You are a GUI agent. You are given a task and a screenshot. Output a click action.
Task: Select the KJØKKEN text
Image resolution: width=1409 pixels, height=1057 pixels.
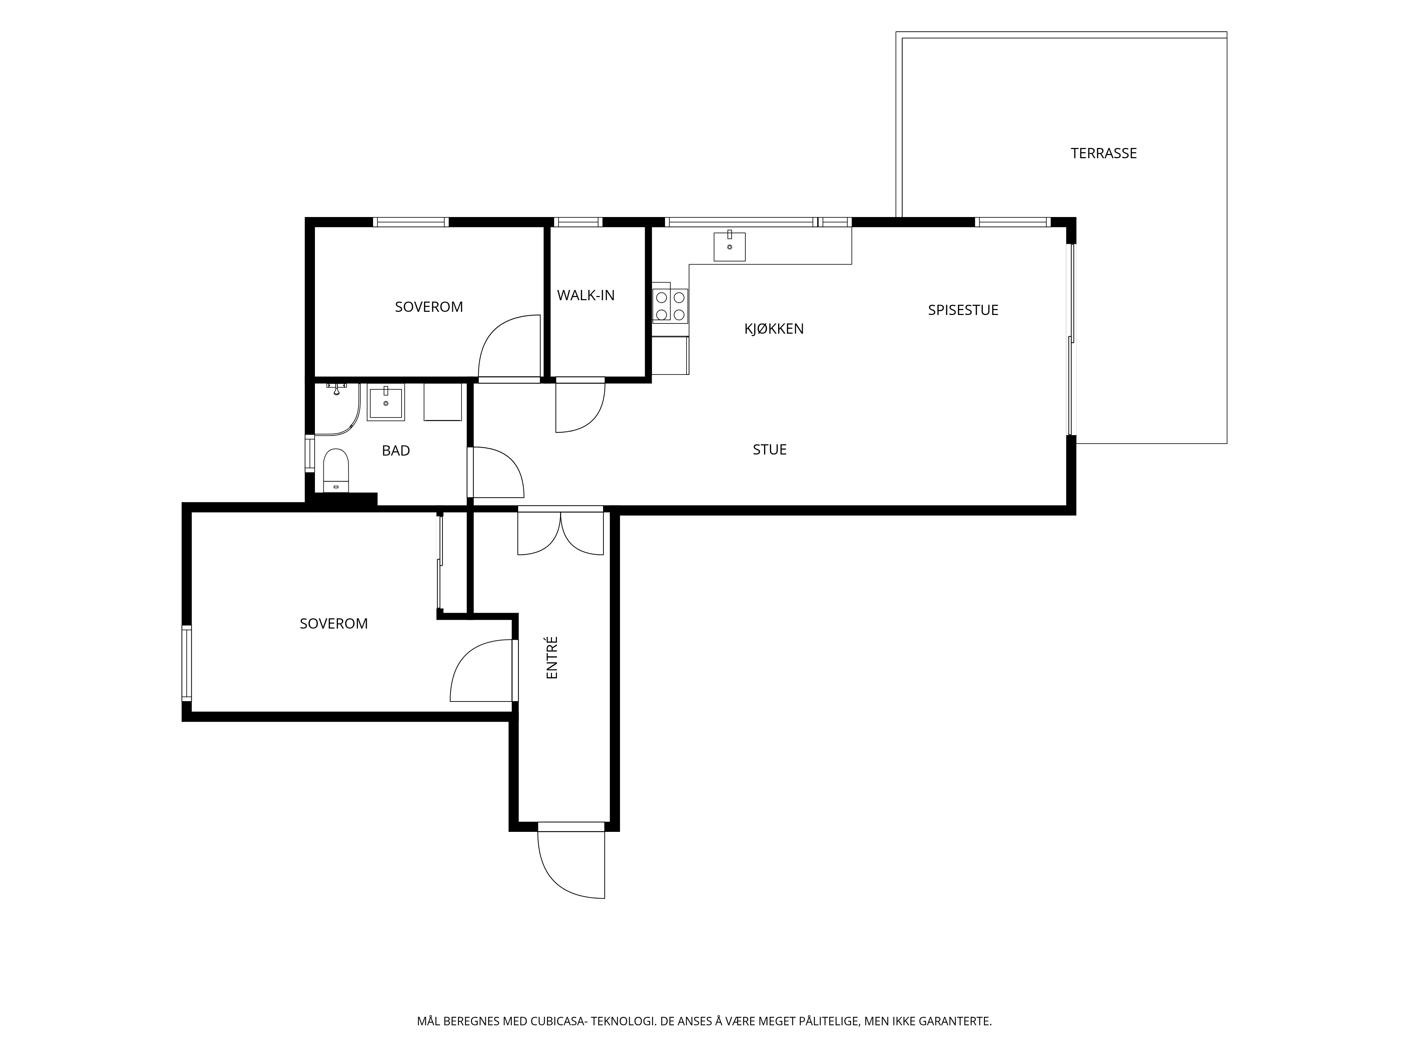tap(774, 329)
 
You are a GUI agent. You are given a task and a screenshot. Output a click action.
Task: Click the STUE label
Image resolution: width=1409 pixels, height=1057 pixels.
tap(769, 450)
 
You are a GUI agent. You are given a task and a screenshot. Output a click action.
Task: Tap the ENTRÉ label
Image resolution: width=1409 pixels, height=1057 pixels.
tap(552, 657)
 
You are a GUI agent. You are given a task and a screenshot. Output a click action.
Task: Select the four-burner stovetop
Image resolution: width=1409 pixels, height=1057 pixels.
tap(670, 306)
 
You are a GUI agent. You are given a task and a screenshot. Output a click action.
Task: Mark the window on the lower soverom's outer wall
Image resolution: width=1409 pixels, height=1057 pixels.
tap(187, 663)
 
